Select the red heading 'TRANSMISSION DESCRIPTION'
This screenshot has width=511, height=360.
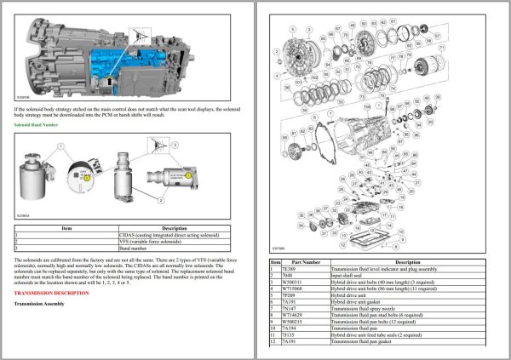coord(51,292)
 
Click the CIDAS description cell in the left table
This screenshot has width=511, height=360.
coord(169,234)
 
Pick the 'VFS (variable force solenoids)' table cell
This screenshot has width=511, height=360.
coord(148,240)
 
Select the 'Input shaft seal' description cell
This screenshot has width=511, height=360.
coord(350,276)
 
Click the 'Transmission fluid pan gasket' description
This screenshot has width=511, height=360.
coord(365,344)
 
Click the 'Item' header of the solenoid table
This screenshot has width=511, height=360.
coord(67,227)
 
